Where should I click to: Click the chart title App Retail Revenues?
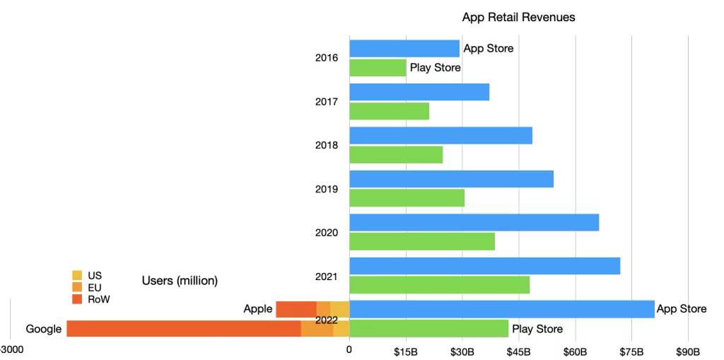point(518,17)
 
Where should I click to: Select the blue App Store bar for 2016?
point(404,49)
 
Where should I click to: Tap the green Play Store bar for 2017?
point(389,111)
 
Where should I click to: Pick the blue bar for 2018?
point(440,136)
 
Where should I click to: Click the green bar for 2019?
point(407,198)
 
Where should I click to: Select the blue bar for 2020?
point(474,223)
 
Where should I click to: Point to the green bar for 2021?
point(439,285)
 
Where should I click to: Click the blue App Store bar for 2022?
point(501,309)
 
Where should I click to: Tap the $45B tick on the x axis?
point(519,352)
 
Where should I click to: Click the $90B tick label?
point(688,352)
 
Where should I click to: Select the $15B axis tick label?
point(406,352)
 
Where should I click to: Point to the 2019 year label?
point(327,190)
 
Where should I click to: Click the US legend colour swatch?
point(77,275)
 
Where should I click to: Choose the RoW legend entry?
point(91,299)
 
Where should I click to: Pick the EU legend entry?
point(90,287)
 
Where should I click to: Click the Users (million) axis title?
point(180,281)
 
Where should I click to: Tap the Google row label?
point(43,329)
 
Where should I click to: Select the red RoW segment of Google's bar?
point(183,329)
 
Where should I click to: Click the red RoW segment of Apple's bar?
point(296,309)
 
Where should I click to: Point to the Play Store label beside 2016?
point(435,68)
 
